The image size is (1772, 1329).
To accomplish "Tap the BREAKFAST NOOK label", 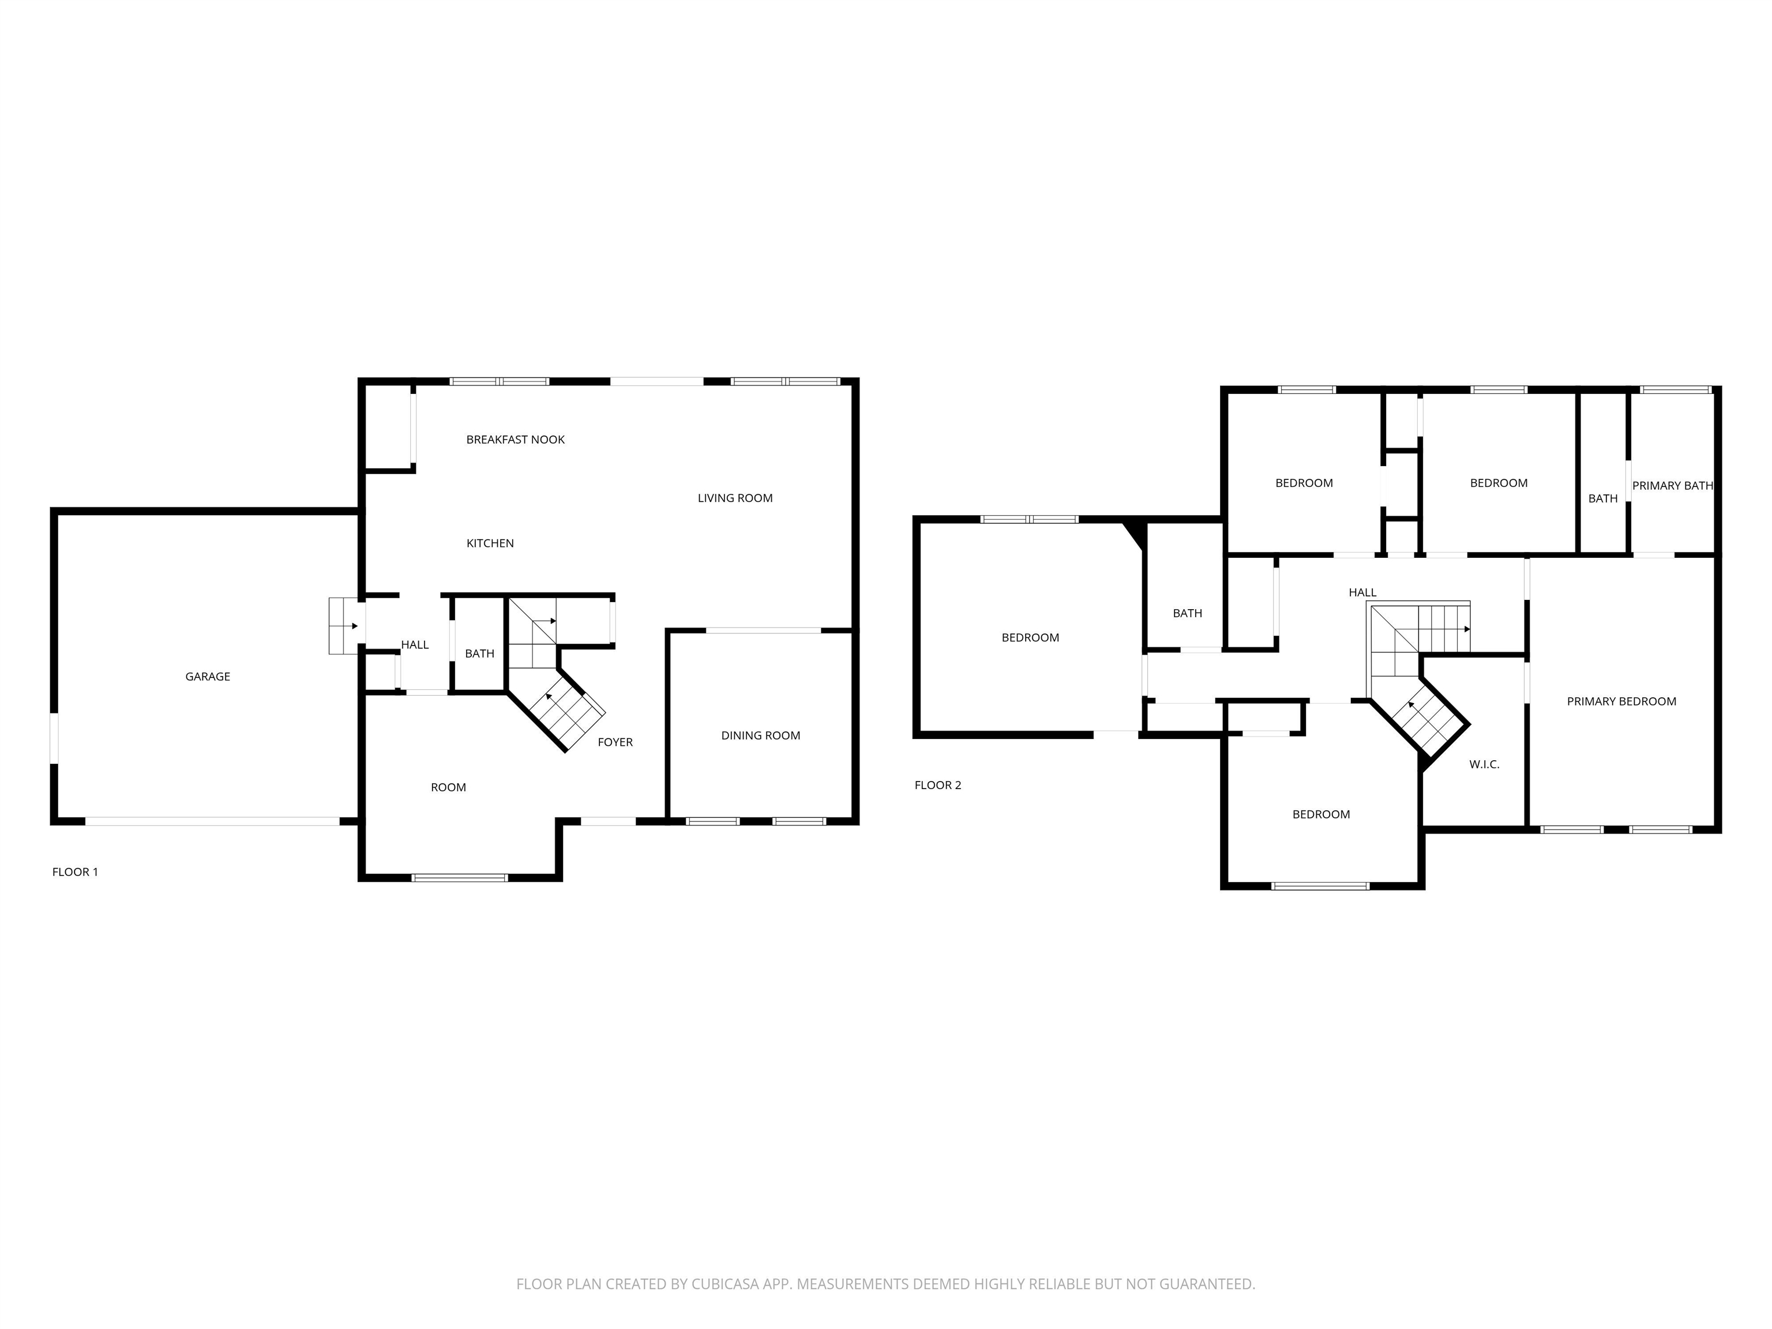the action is (515, 440).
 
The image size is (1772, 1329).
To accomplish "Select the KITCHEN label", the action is (490, 544).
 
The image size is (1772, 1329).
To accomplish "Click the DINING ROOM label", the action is (760, 736).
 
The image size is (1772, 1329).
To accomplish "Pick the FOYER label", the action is (615, 742).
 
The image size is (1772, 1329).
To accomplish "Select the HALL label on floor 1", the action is (415, 645).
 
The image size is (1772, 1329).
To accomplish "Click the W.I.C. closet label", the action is (1484, 765).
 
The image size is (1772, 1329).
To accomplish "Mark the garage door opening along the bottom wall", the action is (212, 821).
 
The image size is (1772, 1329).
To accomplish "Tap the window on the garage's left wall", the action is (54, 738).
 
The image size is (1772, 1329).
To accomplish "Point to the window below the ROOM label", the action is (460, 878).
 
